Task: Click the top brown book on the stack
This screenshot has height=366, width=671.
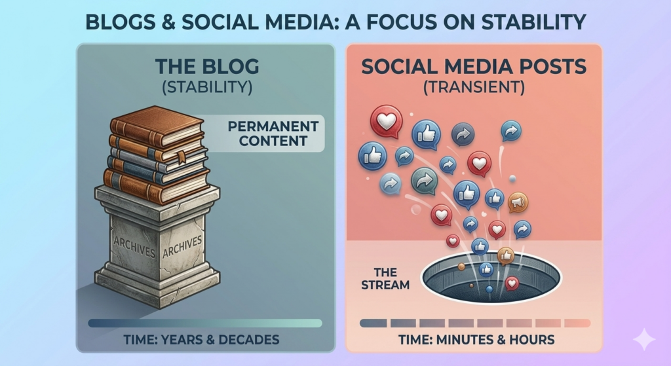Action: [157, 125]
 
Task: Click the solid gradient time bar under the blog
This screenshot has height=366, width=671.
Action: [205, 323]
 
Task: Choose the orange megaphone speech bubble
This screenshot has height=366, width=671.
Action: [518, 202]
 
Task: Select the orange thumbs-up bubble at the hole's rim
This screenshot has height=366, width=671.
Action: [505, 255]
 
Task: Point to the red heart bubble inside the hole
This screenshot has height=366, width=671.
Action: [512, 283]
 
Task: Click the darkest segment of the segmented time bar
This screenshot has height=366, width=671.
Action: [373, 323]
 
